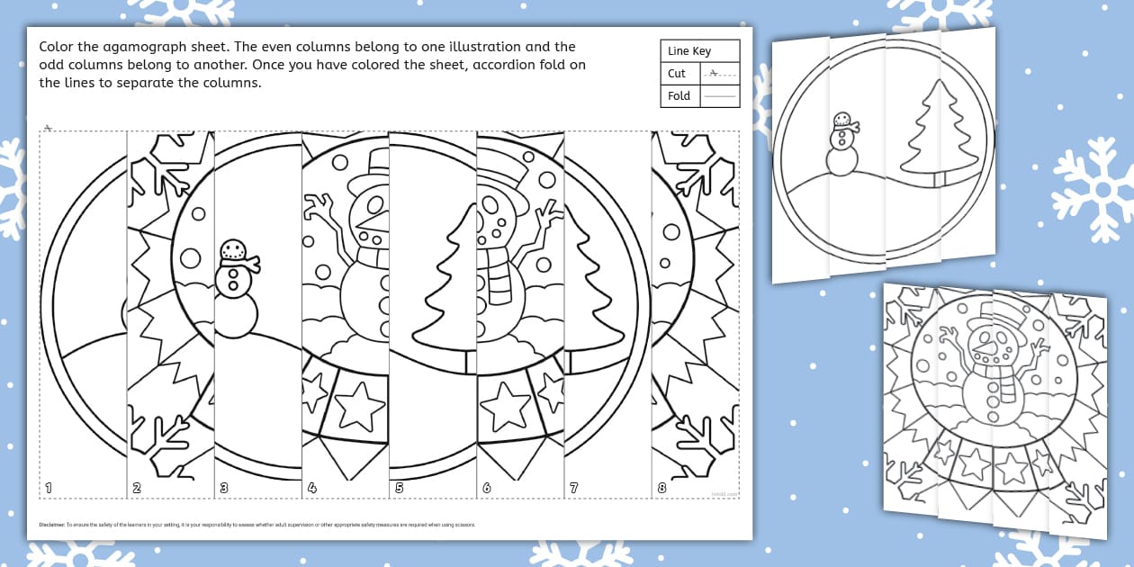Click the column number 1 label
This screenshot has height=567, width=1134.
(49, 488)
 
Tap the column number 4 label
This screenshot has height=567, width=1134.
(311, 488)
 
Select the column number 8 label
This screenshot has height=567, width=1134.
(661, 488)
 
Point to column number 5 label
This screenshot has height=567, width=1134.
(399, 488)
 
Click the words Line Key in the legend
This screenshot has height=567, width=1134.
(689, 51)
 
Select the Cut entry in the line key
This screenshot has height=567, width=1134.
(677, 74)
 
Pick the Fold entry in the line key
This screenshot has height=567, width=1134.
(679, 95)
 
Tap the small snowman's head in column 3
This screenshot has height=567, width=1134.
(233, 250)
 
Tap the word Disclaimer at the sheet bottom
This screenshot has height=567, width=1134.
(52, 524)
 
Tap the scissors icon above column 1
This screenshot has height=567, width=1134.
(48, 128)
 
